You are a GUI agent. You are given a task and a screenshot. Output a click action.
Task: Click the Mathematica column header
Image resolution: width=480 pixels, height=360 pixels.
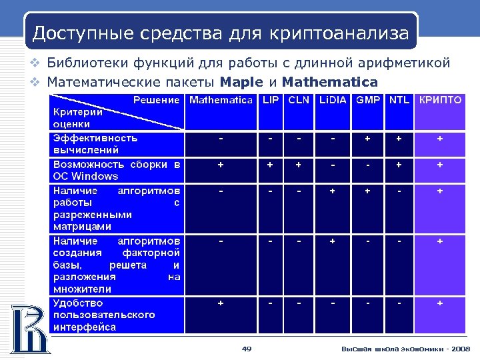(x=221, y=101)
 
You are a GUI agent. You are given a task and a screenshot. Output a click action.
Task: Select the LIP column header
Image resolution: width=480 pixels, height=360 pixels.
(x=270, y=101)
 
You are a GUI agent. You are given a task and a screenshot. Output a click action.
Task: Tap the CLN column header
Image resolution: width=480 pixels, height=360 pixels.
(x=299, y=101)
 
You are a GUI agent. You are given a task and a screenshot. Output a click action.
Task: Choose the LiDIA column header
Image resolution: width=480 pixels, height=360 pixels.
(x=333, y=101)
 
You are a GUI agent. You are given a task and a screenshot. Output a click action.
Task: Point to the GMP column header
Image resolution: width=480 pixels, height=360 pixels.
(x=368, y=101)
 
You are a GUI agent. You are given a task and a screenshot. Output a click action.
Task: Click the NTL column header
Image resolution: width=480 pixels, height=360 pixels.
(x=399, y=101)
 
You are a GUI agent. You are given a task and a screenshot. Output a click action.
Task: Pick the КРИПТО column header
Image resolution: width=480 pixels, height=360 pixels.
(x=440, y=101)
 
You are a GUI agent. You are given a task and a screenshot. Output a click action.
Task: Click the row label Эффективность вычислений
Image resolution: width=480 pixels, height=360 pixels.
(x=95, y=144)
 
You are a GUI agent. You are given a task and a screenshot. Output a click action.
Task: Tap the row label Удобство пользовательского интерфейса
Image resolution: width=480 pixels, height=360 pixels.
(x=104, y=315)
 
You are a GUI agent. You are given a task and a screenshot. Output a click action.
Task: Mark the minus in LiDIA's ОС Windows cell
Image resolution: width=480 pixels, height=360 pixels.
(x=333, y=165)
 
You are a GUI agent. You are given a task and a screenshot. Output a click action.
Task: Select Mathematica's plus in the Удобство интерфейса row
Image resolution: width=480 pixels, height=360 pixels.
(x=221, y=303)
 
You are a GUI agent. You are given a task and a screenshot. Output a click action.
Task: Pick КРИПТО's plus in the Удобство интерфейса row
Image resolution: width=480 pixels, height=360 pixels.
(x=440, y=303)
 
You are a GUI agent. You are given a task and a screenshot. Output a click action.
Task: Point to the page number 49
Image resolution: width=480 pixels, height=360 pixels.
(x=246, y=349)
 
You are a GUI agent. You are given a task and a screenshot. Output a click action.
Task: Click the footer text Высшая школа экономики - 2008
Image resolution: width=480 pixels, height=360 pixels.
(x=405, y=349)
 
